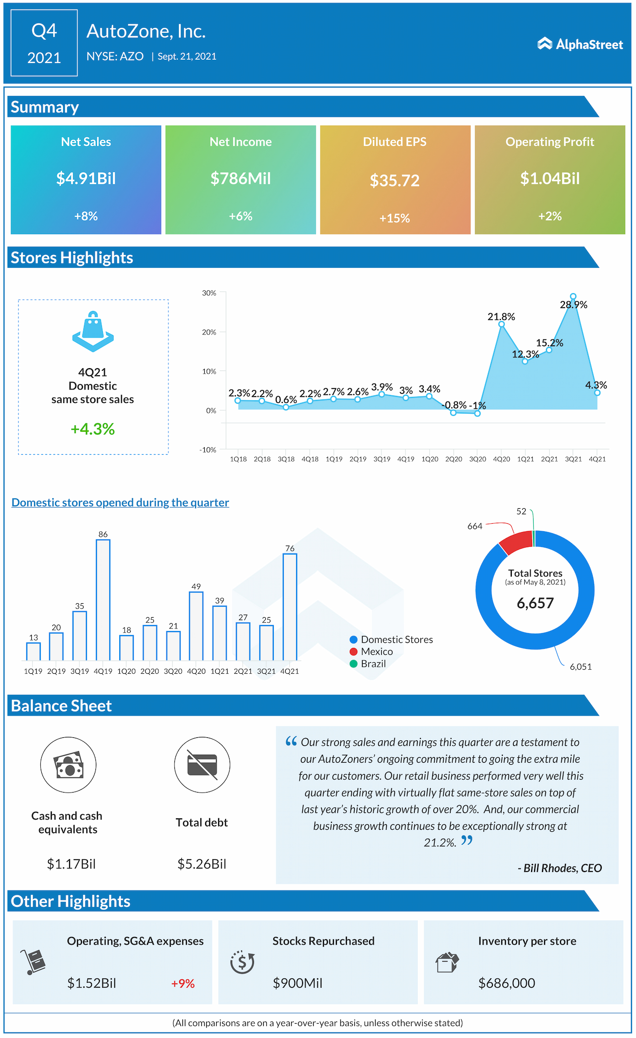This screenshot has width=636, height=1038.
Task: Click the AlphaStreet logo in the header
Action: pos(580,44)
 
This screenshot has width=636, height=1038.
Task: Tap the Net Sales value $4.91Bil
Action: pos(86,178)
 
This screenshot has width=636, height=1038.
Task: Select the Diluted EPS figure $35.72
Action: pos(395,180)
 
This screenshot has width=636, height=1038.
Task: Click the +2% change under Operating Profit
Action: pos(550,216)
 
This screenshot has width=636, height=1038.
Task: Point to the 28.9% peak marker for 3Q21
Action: pos(573,297)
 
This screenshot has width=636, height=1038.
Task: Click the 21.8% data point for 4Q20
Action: pos(501,324)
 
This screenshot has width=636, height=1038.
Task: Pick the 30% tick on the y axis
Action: pos(209,293)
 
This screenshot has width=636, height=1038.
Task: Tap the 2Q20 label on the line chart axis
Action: pos(454,459)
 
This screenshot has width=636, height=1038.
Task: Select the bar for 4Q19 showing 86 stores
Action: pos(103,600)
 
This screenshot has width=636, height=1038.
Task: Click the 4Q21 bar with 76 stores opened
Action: pos(290,607)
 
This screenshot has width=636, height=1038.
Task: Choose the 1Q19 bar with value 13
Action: pos(33,651)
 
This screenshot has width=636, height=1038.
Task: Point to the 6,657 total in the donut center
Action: pos(535,603)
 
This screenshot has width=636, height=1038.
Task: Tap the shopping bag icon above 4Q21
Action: pos(93,331)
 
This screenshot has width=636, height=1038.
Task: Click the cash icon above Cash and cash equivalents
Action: pos(68,765)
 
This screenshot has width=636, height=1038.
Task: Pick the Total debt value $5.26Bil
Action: pos(202,864)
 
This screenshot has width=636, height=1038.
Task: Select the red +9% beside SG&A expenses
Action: pos(183,983)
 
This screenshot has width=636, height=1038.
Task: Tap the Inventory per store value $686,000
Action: pos(506,983)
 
